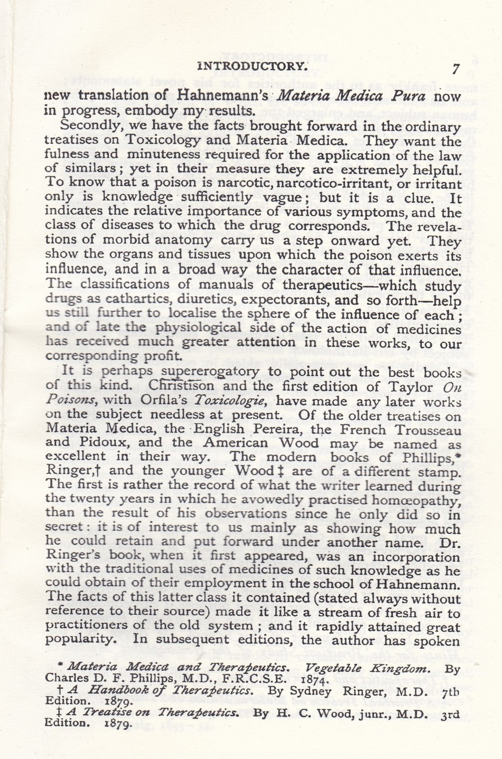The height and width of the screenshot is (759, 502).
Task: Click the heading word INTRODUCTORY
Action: pos(253,66)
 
